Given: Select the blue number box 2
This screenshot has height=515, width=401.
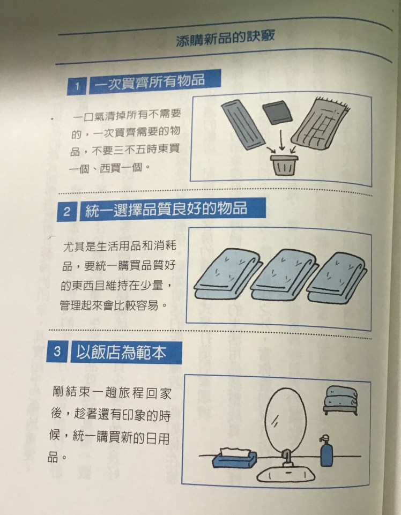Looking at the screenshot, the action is (66, 211).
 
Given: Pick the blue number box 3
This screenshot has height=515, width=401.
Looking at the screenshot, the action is (57, 352).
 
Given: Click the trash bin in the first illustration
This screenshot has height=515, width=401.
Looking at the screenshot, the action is (284, 165).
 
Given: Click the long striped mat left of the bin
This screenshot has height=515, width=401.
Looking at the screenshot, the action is (243, 124).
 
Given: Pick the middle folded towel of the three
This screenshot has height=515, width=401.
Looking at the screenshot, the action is (285, 275).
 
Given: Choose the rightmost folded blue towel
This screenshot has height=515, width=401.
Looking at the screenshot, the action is (338, 278).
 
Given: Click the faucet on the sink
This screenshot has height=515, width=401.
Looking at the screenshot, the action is (287, 458).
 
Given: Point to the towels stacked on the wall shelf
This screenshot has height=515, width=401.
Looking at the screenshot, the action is (340, 399).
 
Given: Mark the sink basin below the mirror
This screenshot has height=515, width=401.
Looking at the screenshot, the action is (285, 473).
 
